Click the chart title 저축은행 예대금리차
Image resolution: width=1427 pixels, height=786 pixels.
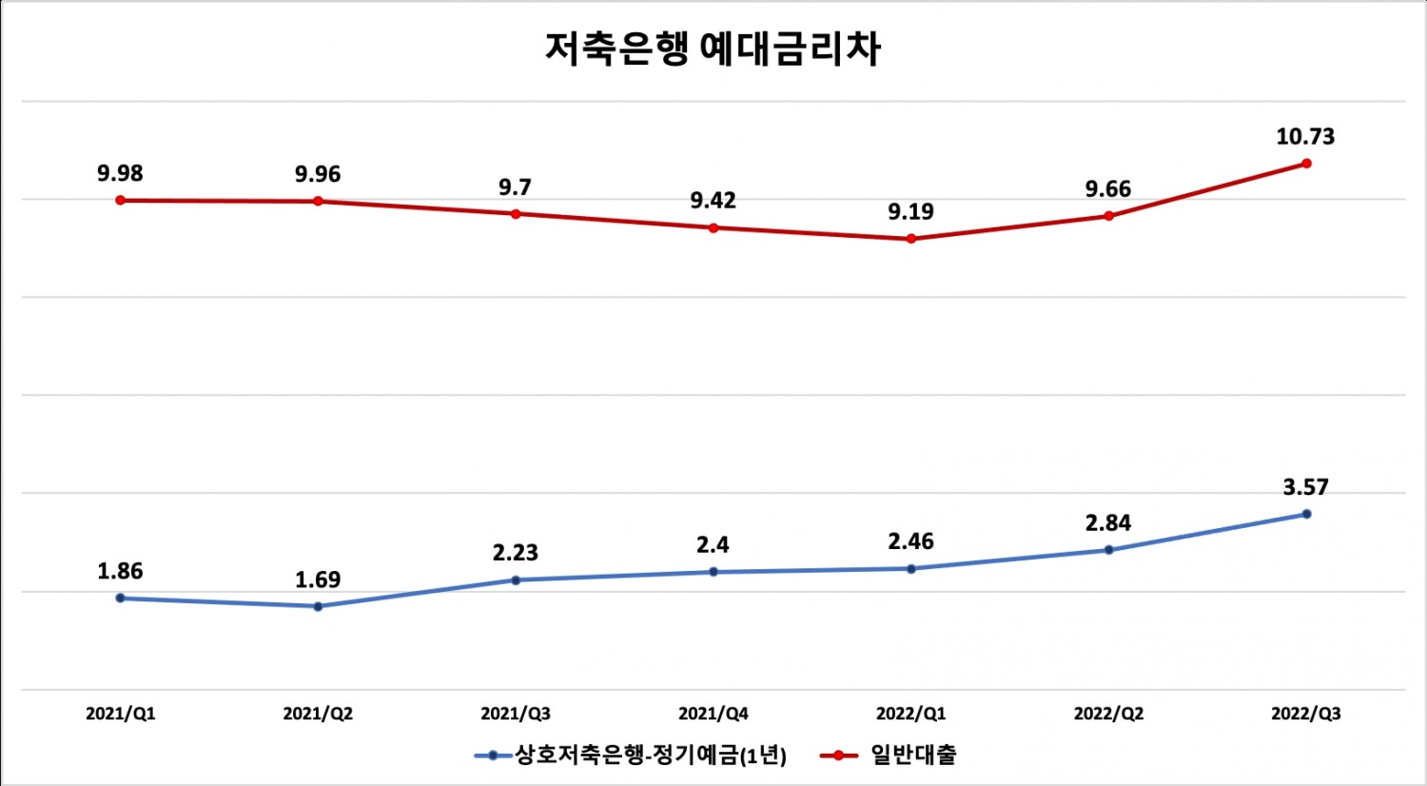pyautogui.click(x=713, y=48)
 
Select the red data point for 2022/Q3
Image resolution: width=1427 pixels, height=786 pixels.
pyautogui.click(x=1306, y=164)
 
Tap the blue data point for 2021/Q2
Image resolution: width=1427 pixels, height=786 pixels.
pyautogui.click(x=318, y=606)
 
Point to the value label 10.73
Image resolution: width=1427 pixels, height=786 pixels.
pyautogui.click(x=1305, y=137)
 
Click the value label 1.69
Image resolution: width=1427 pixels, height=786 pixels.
pyautogui.click(x=318, y=580)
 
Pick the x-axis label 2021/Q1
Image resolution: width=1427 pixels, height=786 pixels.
pyautogui.click(x=120, y=714)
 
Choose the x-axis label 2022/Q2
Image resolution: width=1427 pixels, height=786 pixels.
pyautogui.click(x=1108, y=714)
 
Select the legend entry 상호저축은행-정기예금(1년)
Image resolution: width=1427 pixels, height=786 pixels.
pyautogui.click(x=651, y=756)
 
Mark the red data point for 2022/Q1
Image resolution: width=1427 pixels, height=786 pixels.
pyautogui.click(x=911, y=239)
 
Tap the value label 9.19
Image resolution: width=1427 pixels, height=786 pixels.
pyautogui.click(x=911, y=212)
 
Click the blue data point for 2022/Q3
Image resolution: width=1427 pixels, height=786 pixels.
pyautogui.click(x=1306, y=514)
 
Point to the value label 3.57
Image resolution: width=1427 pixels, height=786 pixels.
pyautogui.click(x=1305, y=487)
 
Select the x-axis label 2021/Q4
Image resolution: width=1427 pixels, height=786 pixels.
pyautogui.click(x=713, y=714)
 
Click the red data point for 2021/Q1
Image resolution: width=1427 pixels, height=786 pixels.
pyautogui.click(x=120, y=200)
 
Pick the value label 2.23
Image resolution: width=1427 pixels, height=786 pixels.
pyautogui.click(x=516, y=553)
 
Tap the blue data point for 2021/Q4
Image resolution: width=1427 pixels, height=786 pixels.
pyautogui.click(x=713, y=572)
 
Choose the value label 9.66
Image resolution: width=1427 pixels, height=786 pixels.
pyautogui.click(x=1108, y=189)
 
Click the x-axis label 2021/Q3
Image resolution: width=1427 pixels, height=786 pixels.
pyautogui.click(x=516, y=714)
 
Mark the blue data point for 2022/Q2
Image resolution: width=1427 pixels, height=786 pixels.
pyautogui.click(x=1108, y=550)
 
